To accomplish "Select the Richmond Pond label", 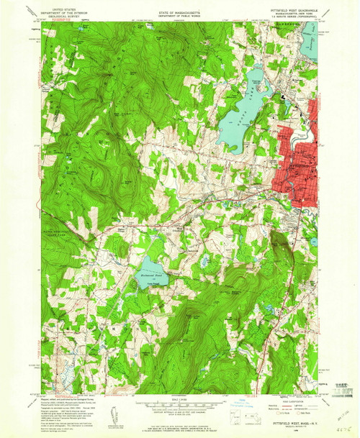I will point(148,273).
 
